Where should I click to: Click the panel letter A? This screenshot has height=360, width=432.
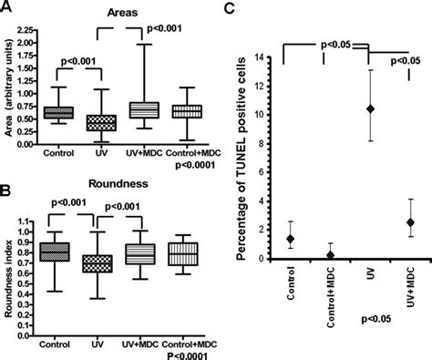point(7,7)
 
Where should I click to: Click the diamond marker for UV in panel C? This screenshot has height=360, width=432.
point(369,108)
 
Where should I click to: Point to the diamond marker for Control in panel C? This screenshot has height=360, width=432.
point(289,239)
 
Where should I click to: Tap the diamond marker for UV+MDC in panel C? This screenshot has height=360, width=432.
point(410,221)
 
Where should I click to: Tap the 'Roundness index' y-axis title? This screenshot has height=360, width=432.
point(12,262)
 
